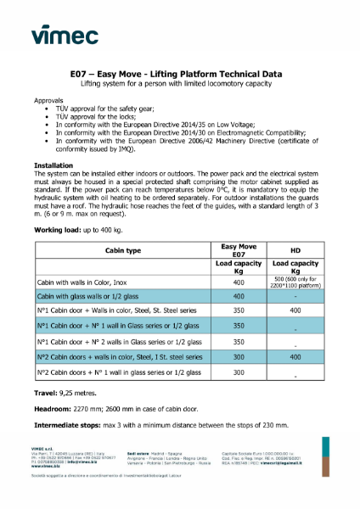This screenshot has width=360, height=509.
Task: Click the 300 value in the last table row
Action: (239, 372)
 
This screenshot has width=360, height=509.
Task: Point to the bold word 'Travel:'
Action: (48, 393)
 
